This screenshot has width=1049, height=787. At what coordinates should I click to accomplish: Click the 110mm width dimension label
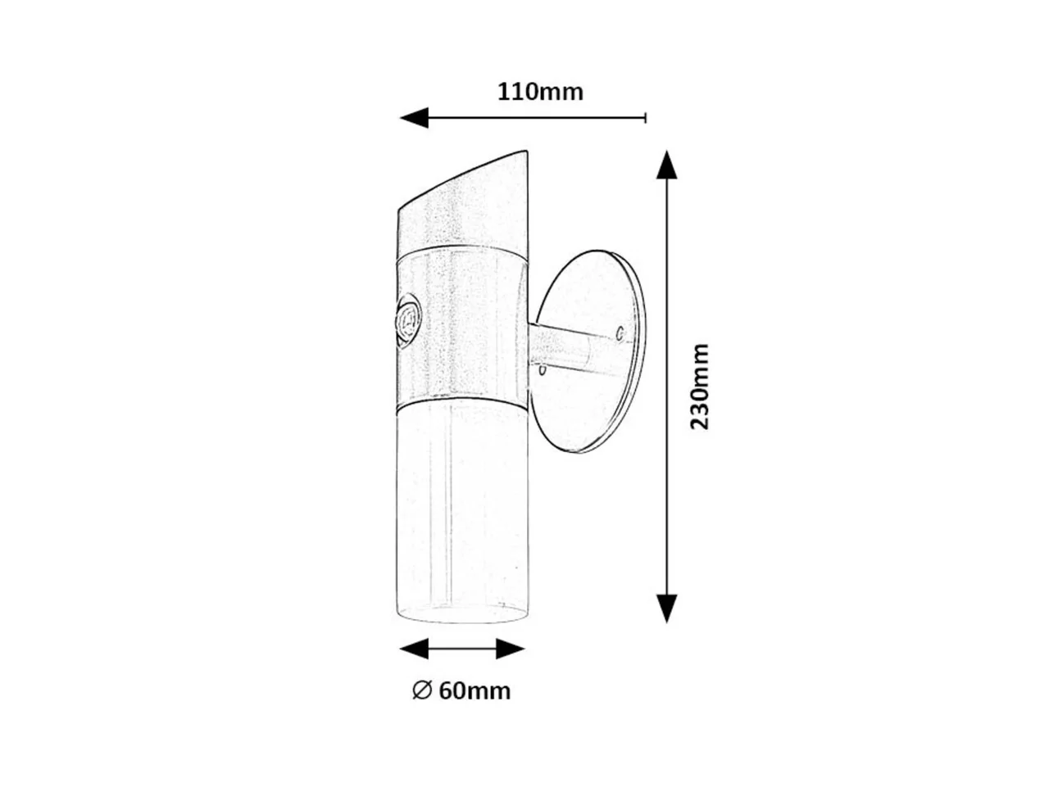tap(540, 92)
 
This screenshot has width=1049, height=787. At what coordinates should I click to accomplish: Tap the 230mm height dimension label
tap(699, 387)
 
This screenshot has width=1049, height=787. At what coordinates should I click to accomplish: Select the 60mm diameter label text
tap(475, 691)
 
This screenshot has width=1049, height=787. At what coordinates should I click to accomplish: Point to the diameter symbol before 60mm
tap(422, 690)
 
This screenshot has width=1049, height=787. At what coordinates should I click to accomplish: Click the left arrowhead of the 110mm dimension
tap(414, 117)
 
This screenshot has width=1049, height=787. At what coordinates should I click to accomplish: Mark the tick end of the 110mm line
tap(646, 117)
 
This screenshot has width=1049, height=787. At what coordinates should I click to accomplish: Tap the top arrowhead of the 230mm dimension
tap(666, 165)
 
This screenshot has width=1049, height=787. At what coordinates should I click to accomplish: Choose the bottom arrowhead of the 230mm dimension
tap(666, 608)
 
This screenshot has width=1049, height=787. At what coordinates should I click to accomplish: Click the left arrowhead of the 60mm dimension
tap(414, 649)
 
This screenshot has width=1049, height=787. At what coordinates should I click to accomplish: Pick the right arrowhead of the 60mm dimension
tap(511, 649)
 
